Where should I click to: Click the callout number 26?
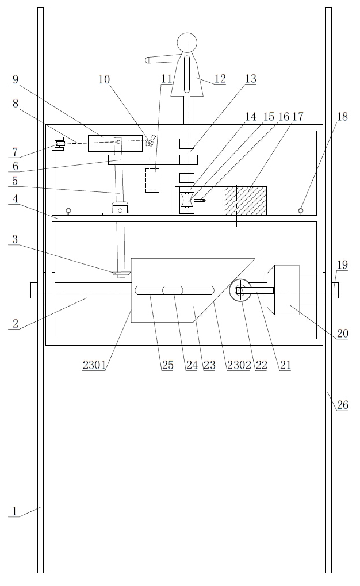(343, 405)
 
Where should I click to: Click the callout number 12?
(219, 79)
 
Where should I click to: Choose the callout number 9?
(15, 79)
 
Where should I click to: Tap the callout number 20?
(343, 334)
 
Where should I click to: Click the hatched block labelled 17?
(246, 201)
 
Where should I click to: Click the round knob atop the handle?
(187, 42)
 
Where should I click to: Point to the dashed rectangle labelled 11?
(152, 180)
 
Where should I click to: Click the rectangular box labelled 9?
(115, 143)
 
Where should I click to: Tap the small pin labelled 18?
(300, 211)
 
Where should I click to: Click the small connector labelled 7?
(58, 145)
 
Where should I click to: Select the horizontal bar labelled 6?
(152, 159)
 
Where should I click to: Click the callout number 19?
(343, 265)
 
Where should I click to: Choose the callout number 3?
(15, 240)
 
